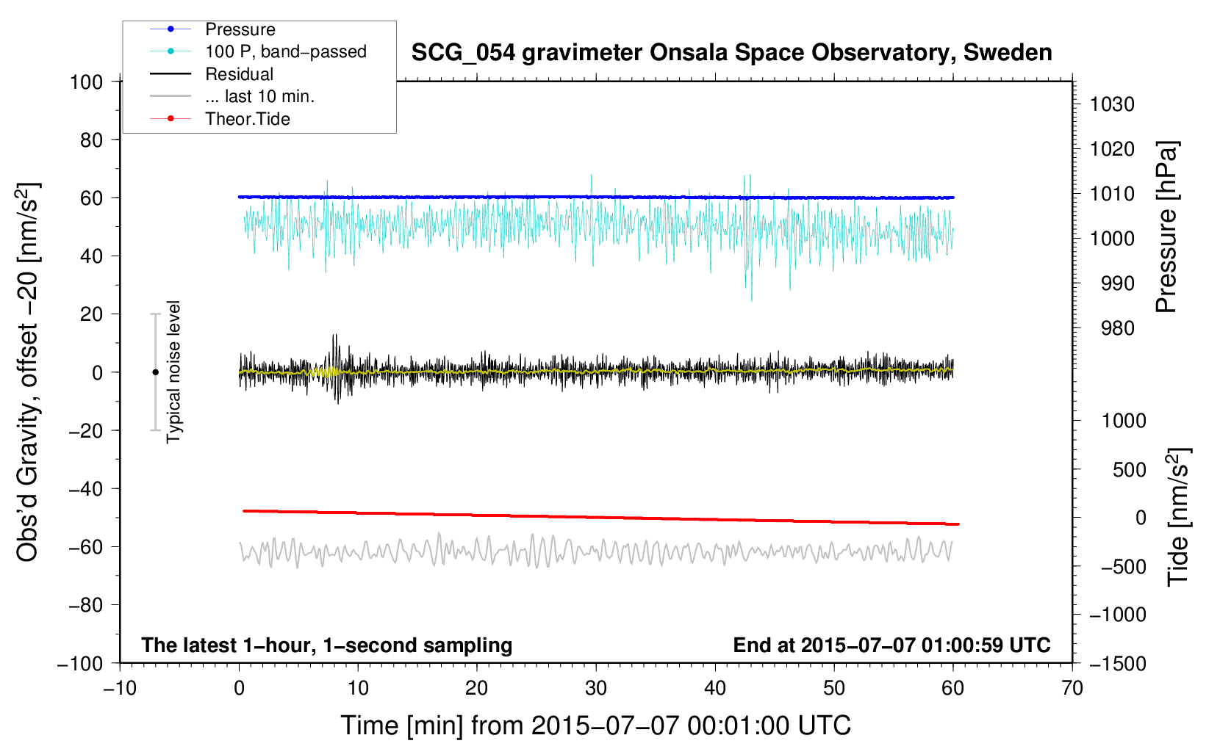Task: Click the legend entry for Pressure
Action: click(x=212, y=29)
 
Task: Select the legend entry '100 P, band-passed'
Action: click(x=258, y=51)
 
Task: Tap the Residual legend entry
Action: click(x=212, y=74)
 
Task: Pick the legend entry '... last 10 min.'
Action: click(x=232, y=96)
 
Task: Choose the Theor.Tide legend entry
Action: click(x=220, y=119)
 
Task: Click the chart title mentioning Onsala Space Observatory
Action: click(x=731, y=53)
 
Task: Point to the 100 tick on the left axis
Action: click(x=86, y=82)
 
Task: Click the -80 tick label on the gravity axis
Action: click(x=85, y=605)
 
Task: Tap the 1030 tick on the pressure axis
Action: click(x=1112, y=104)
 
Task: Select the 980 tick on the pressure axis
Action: click(x=1118, y=328)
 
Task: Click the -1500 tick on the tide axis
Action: click(x=1118, y=664)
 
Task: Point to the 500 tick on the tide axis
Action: click(x=1130, y=470)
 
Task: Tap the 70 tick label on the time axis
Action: click(x=1072, y=689)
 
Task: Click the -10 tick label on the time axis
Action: click(x=120, y=689)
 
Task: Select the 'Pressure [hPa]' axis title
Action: click(x=1166, y=227)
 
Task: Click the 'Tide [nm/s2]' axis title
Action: click(x=1179, y=517)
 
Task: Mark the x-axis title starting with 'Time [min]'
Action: click(x=596, y=726)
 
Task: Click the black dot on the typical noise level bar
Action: click(x=155, y=372)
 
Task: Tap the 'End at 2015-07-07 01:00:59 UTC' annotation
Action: click(x=891, y=645)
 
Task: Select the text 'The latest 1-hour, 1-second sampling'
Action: click(x=327, y=645)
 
